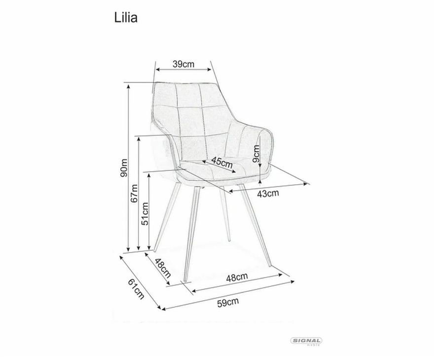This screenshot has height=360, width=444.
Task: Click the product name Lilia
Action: coord(126,18)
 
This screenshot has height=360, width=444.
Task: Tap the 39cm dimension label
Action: coord(184,64)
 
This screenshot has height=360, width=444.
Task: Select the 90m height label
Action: coord(124,168)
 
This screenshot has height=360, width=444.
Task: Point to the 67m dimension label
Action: coord(134,193)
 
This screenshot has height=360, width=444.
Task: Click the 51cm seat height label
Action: coord(145,213)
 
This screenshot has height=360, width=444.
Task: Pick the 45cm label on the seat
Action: coord(222,162)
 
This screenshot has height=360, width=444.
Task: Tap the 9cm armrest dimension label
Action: coord(256,154)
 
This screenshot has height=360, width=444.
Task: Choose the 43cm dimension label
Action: coord(268,193)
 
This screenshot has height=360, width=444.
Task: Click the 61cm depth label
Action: coord(136,289)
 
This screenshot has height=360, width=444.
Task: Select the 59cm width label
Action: coord(228,302)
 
